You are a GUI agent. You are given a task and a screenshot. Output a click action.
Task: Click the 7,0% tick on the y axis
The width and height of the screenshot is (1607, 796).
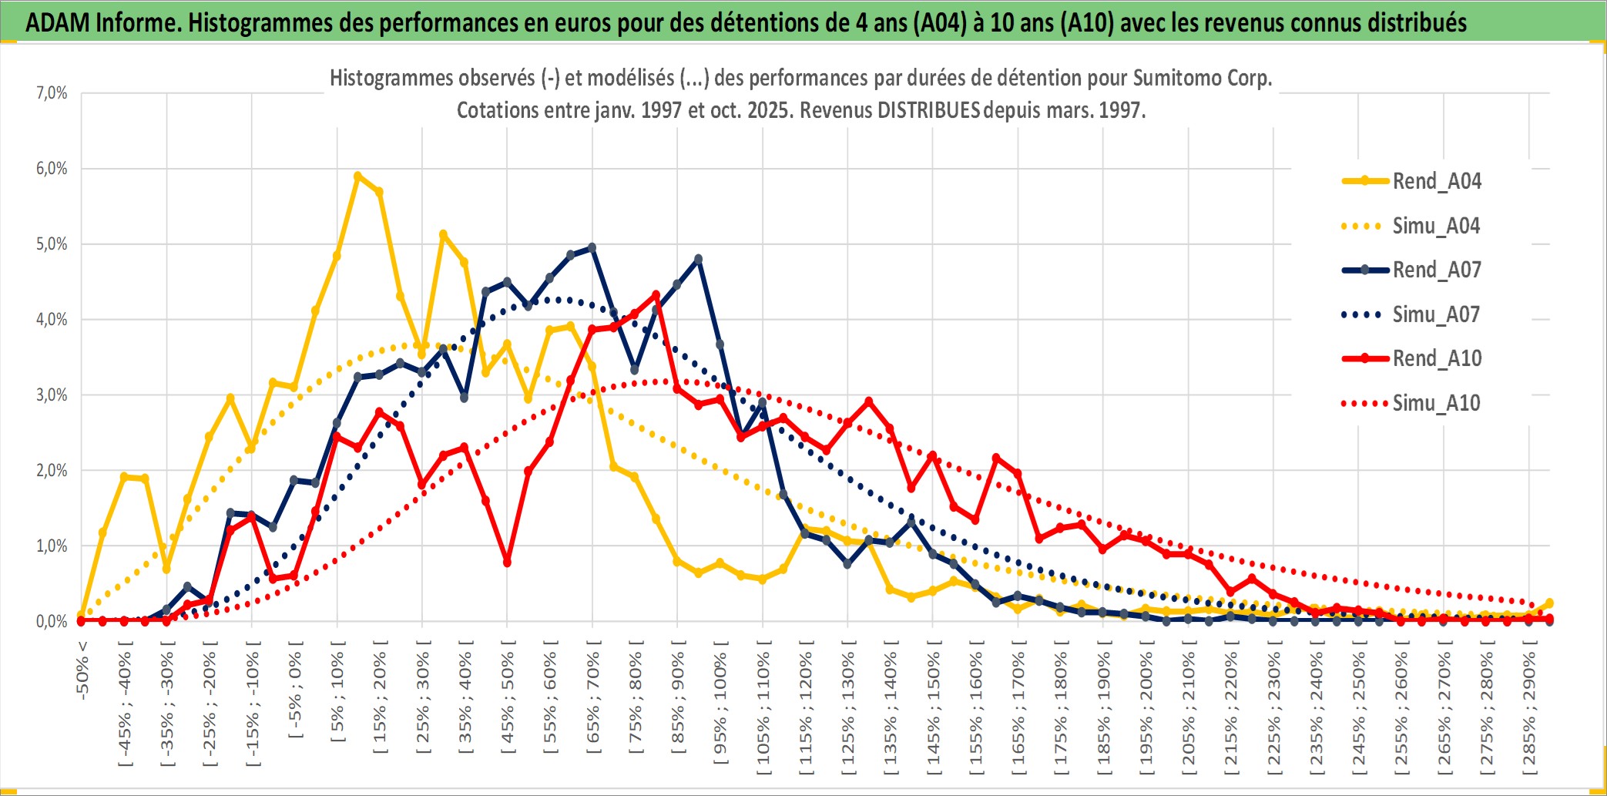(x=52, y=93)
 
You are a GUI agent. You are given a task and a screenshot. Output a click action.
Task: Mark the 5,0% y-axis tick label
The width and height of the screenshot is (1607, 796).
(x=52, y=244)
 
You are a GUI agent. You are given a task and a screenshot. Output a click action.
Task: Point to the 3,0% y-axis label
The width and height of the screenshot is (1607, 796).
(x=52, y=395)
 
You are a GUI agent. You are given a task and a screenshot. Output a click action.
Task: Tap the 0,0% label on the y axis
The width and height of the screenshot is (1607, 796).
(x=52, y=622)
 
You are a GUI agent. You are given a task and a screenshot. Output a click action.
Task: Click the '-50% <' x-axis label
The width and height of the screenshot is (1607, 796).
(x=82, y=670)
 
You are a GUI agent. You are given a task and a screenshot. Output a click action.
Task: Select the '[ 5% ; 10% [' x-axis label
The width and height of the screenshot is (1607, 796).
(x=337, y=697)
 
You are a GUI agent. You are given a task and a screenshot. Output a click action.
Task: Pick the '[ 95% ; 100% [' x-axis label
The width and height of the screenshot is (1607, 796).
(x=720, y=709)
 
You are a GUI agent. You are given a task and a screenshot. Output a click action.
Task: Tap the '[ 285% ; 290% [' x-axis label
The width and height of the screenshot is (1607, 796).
(x=1529, y=713)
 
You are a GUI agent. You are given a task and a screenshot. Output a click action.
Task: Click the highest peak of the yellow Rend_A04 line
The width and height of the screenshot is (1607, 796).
(x=357, y=176)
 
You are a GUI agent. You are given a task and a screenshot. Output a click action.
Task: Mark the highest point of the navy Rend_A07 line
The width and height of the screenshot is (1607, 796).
(x=592, y=247)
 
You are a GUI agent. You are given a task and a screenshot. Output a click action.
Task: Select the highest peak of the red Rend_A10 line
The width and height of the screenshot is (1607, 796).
(x=656, y=294)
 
